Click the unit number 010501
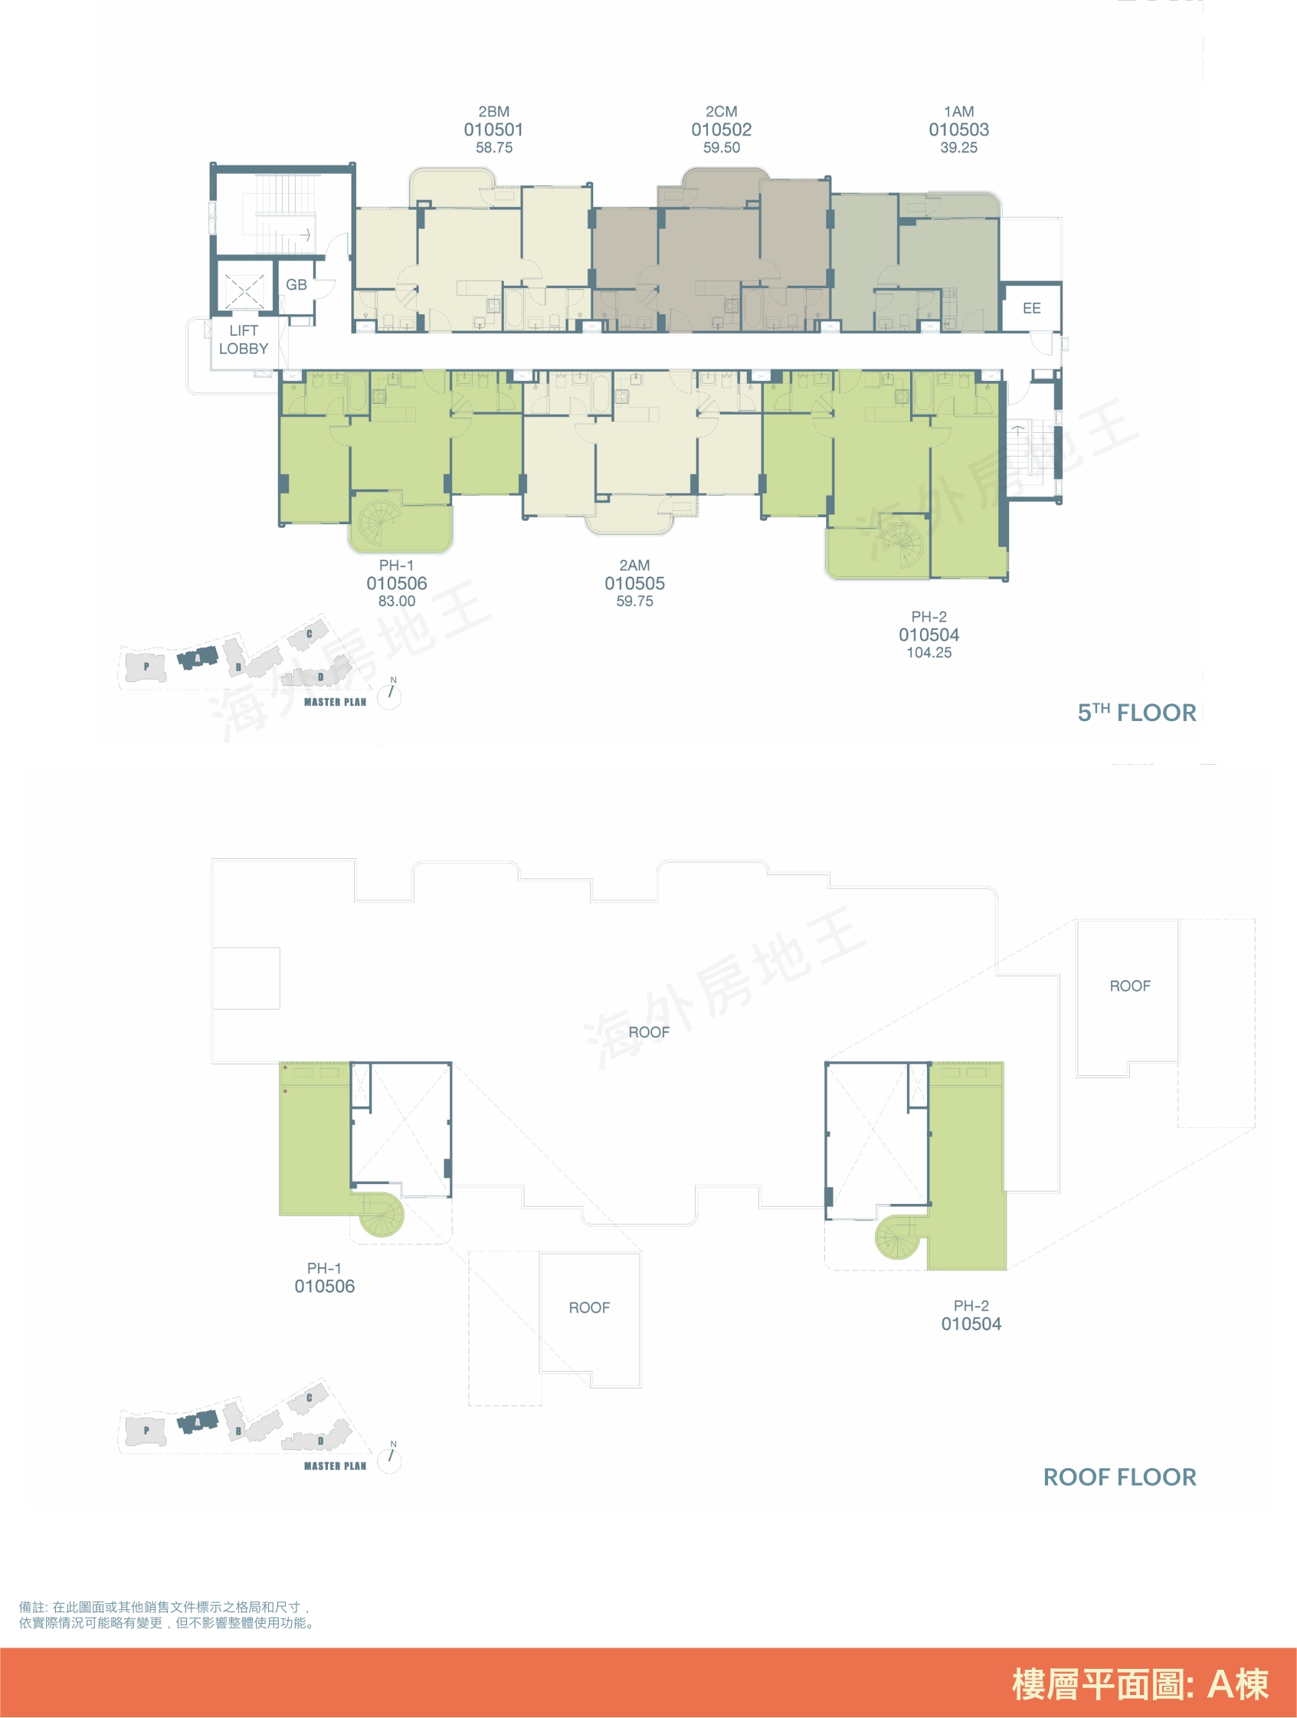(493, 130)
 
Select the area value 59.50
(722, 148)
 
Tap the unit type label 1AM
(958, 112)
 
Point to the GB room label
(296, 285)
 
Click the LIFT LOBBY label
(243, 340)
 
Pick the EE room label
(1031, 308)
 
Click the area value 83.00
(396, 601)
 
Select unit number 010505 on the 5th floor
(634, 583)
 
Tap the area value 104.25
(929, 652)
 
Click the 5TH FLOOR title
(1136, 712)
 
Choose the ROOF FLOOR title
(1119, 1477)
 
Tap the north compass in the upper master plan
(389, 694)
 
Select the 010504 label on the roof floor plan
(971, 1324)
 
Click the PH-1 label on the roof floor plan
(324, 1268)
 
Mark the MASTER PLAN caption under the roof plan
(335, 1467)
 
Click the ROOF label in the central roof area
(648, 1032)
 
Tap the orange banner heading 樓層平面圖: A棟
(1140, 1684)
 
